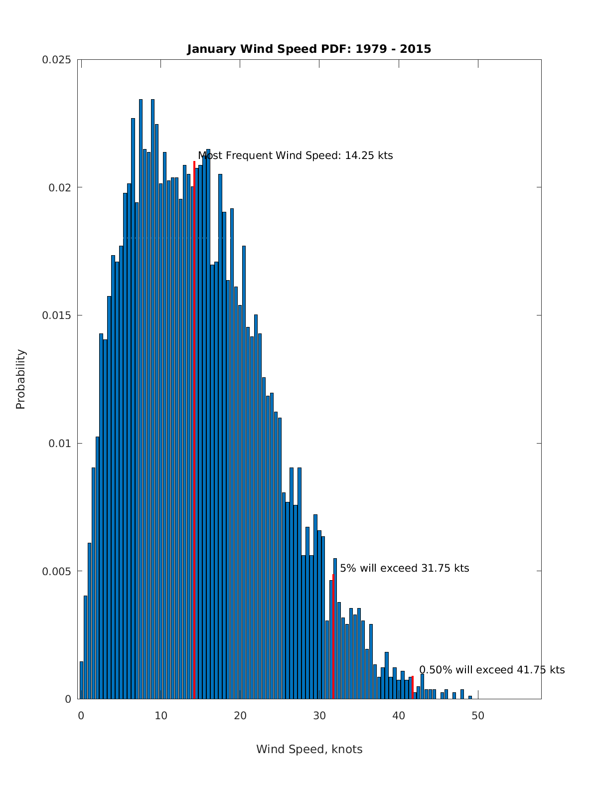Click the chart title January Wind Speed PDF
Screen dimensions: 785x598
[x=309, y=49]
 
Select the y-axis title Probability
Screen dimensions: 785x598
[x=20, y=379]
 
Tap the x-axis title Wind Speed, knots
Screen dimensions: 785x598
[x=309, y=749]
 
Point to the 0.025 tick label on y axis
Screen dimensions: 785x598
[x=56, y=60]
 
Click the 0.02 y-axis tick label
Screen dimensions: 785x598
[x=60, y=187]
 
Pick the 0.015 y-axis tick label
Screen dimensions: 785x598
[x=56, y=315]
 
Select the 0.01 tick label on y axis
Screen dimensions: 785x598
[x=60, y=443]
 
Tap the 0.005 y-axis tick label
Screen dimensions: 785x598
[x=56, y=571]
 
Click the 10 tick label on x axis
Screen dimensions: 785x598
[x=160, y=716]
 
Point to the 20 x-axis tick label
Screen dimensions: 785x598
[x=240, y=716]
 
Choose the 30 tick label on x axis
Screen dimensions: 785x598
[x=319, y=716]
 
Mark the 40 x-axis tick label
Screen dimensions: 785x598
[x=399, y=716]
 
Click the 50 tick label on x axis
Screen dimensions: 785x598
[x=478, y=716]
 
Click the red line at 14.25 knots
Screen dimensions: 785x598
[x=194, y=429]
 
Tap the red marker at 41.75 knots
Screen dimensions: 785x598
[x=413, y=687]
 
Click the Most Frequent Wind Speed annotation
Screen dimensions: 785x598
[x=296, y=156]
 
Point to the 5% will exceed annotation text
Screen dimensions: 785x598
[x=404, y=568]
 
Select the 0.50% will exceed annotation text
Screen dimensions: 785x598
[x=492, y=670]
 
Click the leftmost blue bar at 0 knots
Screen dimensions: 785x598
[x=81, y=680]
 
